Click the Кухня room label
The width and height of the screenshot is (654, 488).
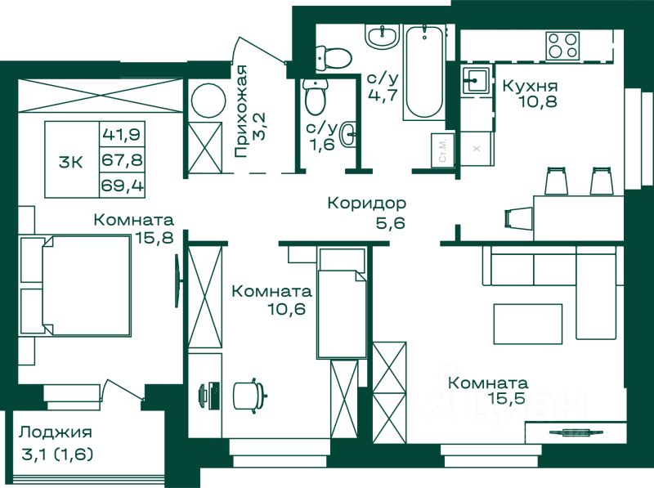pos(530,86)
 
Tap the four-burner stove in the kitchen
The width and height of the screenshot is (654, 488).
pos(563,46)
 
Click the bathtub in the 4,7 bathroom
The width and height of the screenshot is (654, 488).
pos(423,72)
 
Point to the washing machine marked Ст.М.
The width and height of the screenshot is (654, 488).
pos(442,151)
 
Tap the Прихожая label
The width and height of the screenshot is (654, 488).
pos(241,111)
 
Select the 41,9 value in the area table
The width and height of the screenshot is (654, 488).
pos(121,134)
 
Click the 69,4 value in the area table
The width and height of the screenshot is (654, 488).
pos(122,185)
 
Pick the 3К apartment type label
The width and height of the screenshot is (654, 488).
pos(71,162)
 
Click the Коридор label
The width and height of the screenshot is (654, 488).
pos(366,203)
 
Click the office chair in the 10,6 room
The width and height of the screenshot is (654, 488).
pos(249,396)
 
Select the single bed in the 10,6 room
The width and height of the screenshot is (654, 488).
pos(342,302)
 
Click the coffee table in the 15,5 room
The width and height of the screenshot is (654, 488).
pos(527,324)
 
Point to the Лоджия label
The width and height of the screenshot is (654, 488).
pos(55,432)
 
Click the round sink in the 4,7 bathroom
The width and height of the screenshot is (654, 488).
pos(383,35)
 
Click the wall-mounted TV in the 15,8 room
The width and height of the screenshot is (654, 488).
pos(178,280)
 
